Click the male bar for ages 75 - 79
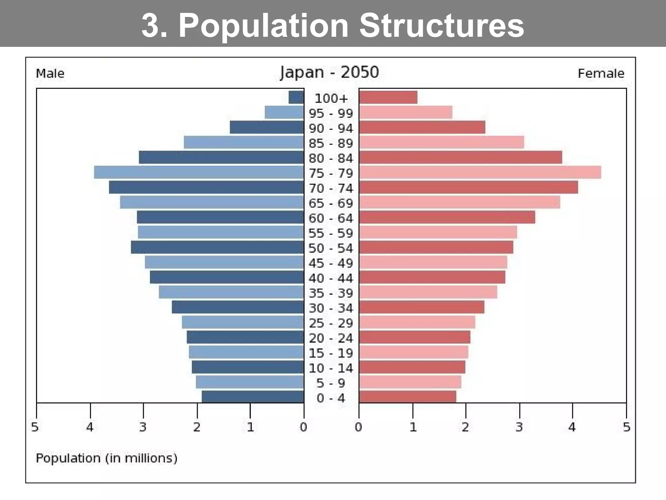[x=199, y=172]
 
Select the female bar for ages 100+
[x=388, y=97]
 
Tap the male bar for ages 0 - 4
[x=253, y=397]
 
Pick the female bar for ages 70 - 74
[x=469, y=187]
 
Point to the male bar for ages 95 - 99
[x=284, y=112]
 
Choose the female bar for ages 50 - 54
[x=436, y=247]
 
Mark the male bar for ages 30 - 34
[x=238, y=307]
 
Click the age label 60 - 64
[x=331, y=218]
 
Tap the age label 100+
[x=331, y=98]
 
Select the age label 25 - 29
[x=331, y=323]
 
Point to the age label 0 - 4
[x=331, y=398]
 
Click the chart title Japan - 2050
[x=329, y=72]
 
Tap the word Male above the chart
[x=50, y=74]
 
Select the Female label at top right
[x=601, y=74]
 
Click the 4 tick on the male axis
[x=90, y=427]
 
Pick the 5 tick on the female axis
[x=627, y=427]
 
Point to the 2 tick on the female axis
[x=466, y=427]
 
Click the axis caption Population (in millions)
[x=106, y=458]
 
